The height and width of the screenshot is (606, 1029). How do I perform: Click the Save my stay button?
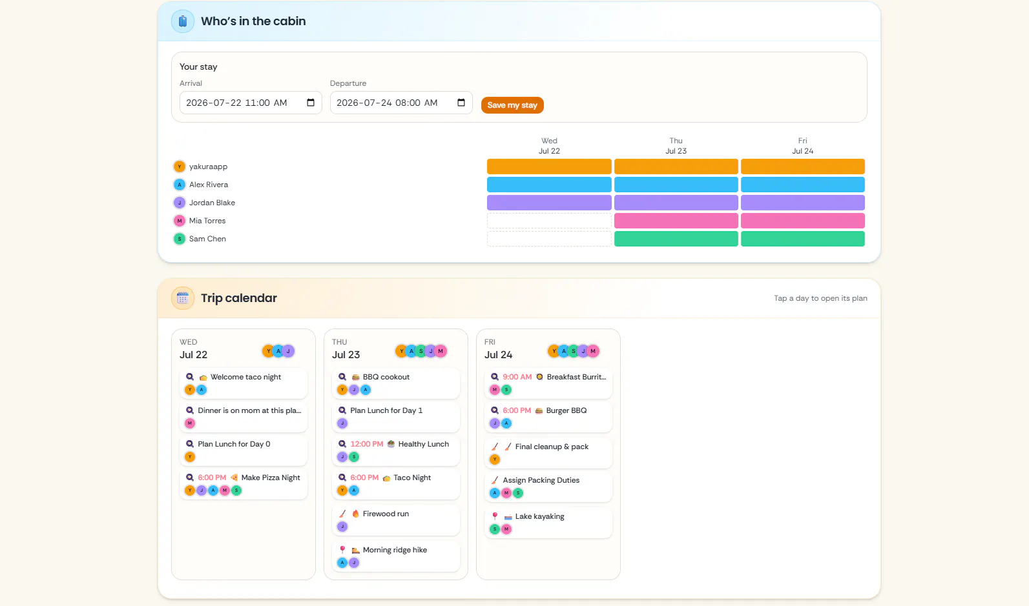pyautogui.click(x=512, y=105)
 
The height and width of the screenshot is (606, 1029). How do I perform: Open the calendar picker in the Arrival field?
pyautogui.click(x=311, y=103)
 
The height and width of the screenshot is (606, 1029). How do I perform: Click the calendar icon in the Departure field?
pyautogui.click(x=461, y=103)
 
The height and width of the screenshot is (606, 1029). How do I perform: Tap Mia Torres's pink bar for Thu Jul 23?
pyautogui.click(x=676, y=221)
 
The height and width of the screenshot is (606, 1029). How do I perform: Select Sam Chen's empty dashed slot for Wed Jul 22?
pyautogui.click(x=549, y=239)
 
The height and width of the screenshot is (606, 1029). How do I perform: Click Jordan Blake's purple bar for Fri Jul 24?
pyautogui.click(x=802, y=203)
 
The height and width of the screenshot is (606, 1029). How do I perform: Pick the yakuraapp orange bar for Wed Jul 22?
pyautogui.click(x=549, y=167)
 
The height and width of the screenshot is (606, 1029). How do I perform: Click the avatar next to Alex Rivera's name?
pyautogui.click(x=180, y=185)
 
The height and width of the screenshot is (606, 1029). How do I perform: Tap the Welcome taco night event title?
pyautogui.click(x=245, y=377)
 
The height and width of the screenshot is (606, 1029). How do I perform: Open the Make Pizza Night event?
pyautogui.click(x=271, y=478)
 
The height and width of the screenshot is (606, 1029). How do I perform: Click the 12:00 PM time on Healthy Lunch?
pyautogui.click(x=367, y=444)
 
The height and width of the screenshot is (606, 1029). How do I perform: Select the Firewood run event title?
pyautogui.click(x=386, y=514)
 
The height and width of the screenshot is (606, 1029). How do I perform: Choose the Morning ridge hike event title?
pyautogui.click(x=395, y=550)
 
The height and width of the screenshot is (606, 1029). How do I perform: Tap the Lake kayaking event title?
pyautogui.click(x=540, y=516)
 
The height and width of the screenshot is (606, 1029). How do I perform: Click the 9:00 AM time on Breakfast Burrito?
pyautogui.click(x=517, y=377)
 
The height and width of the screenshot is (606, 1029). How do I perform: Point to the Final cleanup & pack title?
pyautogui.click(x=552, y=447)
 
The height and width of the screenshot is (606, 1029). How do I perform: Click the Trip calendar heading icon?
pyautogui.click(x=183, y=298)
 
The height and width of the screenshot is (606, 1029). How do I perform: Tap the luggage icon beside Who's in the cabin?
pyautogui.click(x=183, y=21)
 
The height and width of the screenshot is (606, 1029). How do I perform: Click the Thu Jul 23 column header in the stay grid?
pyautogui.click(x=676, y=146)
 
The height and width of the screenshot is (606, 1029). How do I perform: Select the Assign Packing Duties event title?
pyautogui.click(x=541, y=480)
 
